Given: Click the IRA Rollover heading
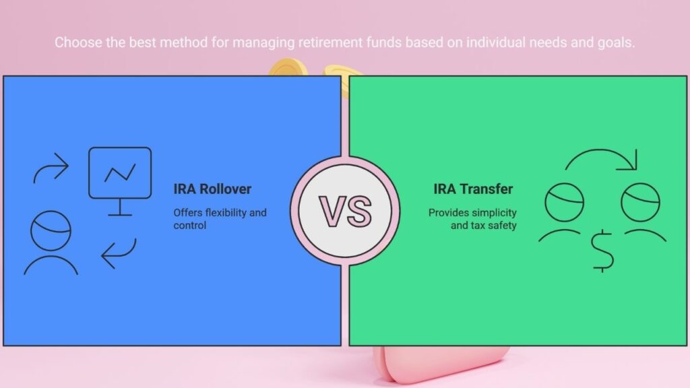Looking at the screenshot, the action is [x=212, y=189].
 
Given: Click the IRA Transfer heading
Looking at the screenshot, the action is [x=473, y=189].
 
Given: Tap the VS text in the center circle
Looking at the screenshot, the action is [x=345, y=212].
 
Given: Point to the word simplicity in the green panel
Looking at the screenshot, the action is [x=495, y=213].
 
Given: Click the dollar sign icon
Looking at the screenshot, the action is [x=602, y=251].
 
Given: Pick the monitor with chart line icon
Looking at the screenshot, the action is [x=120, y=181].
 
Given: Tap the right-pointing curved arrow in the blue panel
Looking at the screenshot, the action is [x=51, y=168].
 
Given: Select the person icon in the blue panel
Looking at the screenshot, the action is [x=51, y=243].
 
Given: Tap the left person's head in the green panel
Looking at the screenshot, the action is [x=564, y=202].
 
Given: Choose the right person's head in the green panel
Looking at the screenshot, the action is [x=640, y=202].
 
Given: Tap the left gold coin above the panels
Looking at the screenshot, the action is [x=288, y=67].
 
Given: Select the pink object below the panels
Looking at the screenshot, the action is [x=440, y=363].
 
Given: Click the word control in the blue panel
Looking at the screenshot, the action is [x=189, y=226].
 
